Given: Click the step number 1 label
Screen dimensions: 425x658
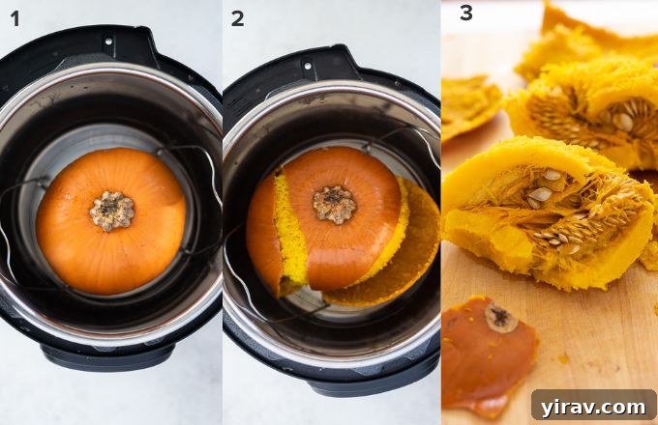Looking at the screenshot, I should [x=14, y=19].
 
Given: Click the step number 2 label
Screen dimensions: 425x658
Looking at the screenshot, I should [x=237, y=19].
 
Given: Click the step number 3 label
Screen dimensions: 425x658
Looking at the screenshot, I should [x=465, y=14].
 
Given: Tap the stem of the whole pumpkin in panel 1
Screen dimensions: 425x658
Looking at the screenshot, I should [x=112, y=211].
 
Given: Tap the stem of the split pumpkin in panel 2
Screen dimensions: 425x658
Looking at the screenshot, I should [x=335, y=204].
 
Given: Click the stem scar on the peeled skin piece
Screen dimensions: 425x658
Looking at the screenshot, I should [x=500, y=318].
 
